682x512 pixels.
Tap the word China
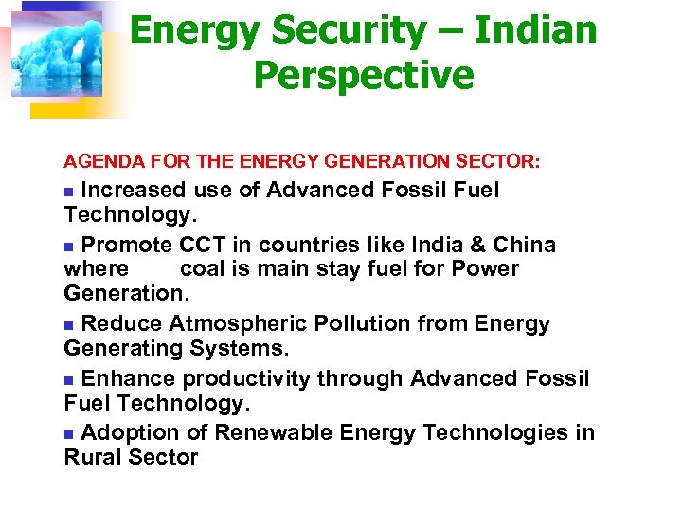coord(522,246)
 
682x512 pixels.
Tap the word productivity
coord(246,379)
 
